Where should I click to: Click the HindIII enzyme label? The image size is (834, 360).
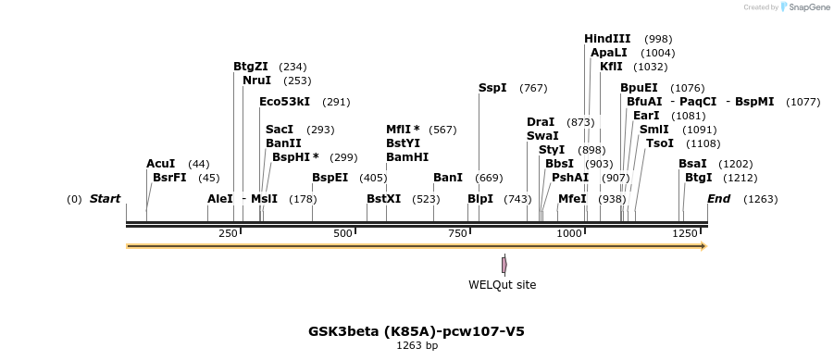tap(607, 39)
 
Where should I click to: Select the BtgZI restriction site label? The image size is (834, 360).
tap(251, 67)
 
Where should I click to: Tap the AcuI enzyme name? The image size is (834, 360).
tap(160, 164)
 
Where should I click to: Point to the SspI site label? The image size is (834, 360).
tap(492, 88)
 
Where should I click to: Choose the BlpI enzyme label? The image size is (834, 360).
tap(480, 199)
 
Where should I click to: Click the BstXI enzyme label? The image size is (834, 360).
tap(383, 199)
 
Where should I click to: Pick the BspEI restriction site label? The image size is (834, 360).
tap(330, 178)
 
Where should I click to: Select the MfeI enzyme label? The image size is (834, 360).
tap(572, 199)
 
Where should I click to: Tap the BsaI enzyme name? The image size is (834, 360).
tap(692, 164)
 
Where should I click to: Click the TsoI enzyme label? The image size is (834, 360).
tap(660, 143)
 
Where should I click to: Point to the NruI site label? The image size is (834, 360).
tap(256, 81)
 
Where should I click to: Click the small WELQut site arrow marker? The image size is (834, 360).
tap(504, 265)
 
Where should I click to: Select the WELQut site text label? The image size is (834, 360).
tap(502, 285)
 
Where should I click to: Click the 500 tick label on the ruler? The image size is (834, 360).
tap(342, 234)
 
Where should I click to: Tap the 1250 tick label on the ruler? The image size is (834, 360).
tap(685, 234)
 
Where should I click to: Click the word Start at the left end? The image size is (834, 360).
tap(105, 199)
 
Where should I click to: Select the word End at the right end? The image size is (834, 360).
tap(718, 199)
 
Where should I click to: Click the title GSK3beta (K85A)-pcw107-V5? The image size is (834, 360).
tap(417, 330)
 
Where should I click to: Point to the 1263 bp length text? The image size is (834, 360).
tap(417, 345)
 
